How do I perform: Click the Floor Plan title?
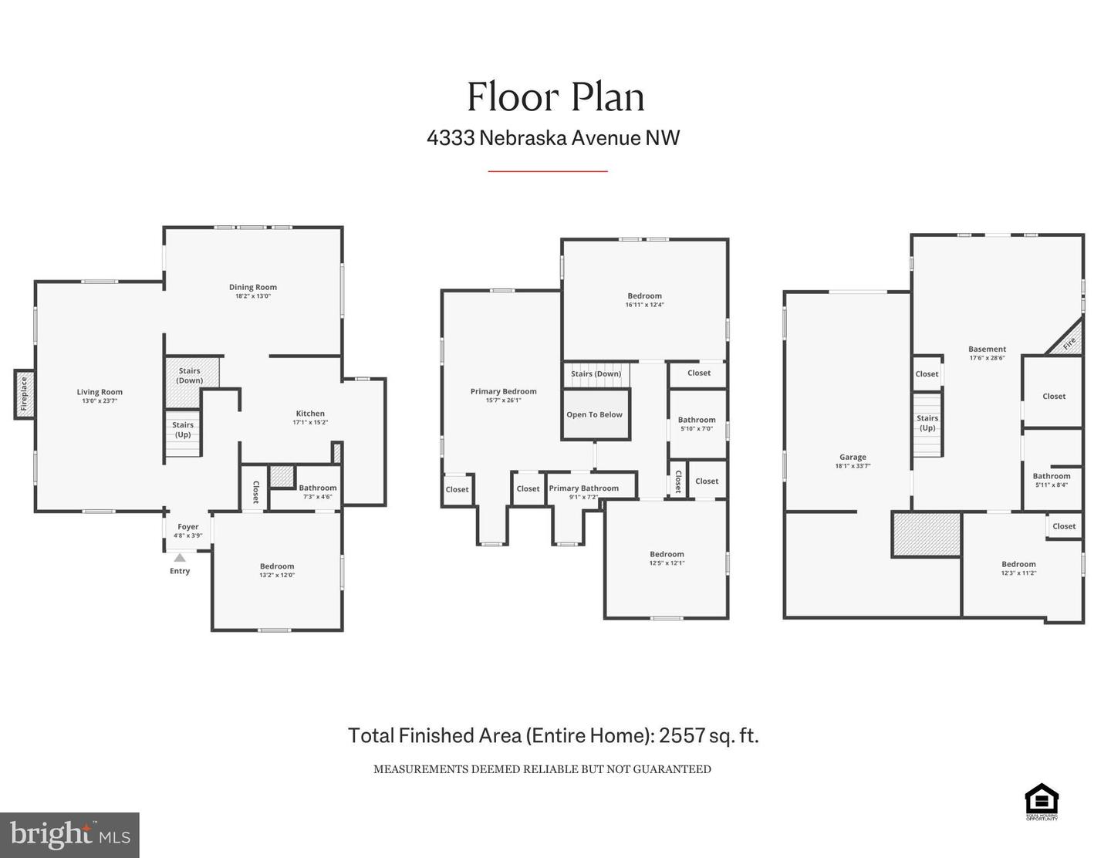(555, 97)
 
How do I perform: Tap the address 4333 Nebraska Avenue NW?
(553, 138)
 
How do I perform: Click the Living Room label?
(100, 392)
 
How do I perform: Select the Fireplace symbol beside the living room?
(24, 394)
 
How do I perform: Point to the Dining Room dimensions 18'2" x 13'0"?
(253, 296)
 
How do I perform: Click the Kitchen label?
(310, 414)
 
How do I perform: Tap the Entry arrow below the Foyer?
(180, 557)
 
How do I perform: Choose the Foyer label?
(187, 527)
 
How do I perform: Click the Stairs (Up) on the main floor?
(183, 431)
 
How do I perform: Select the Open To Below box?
(594, 415)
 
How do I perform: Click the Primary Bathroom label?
(583, 488)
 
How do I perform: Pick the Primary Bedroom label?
(503, 392)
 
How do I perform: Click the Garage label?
(853, 458)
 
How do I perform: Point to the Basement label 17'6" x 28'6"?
(987, 353)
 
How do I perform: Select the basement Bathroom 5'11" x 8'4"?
(1052, 480)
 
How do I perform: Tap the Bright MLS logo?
(69, 835)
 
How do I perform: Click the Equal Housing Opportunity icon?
(1041, 801)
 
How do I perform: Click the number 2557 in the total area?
(682, 735)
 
